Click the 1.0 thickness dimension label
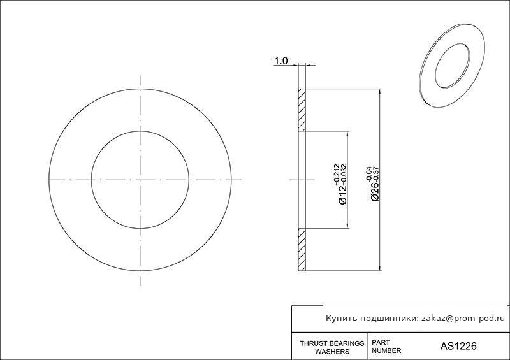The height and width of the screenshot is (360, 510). coord(281,61)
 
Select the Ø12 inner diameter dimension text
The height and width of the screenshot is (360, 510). coord(343,194)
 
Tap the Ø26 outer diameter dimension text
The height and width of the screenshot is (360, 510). coord(375,191)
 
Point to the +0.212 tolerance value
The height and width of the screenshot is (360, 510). coord(337,175)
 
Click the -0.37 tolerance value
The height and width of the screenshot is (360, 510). coord(377,174)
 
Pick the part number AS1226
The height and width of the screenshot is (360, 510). coord(458,346)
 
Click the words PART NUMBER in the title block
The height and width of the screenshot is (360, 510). coord(386,347)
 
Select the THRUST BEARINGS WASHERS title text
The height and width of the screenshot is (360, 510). coord(331,347)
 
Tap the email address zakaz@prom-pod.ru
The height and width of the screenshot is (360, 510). coord(463,319)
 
